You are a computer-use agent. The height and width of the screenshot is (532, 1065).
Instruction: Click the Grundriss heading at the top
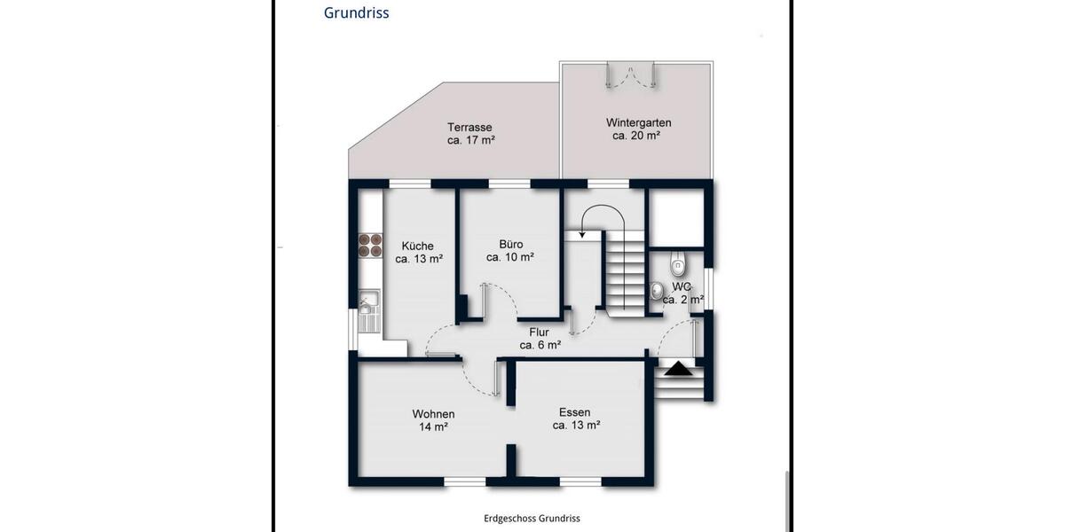point(356,13)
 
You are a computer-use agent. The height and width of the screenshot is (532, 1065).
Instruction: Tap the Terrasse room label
point(469,127)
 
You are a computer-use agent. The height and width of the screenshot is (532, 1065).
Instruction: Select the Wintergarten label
point(638,122)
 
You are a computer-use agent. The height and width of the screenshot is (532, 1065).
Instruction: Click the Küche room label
point(417,246)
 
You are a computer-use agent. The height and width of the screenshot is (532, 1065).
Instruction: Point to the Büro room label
point(510,244)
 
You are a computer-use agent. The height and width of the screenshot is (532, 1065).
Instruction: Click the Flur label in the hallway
point(540,332)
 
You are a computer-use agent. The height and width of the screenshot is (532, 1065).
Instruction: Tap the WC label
point(682,286)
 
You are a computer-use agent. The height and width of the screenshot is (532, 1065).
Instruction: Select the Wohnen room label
point(433,414)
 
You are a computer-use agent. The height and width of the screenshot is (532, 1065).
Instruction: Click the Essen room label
point(575,412)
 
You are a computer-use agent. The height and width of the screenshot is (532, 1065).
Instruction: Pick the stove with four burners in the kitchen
point(369,246)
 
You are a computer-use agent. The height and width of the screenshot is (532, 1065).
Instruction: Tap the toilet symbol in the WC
point(678,263)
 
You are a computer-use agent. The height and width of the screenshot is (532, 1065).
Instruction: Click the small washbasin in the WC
point(656,291)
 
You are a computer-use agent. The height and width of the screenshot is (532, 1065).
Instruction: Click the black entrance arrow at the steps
point(679,369)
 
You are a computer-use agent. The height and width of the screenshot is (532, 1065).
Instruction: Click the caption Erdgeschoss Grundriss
point(532,519)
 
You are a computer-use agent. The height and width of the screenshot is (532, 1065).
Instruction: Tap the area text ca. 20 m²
point(636,137)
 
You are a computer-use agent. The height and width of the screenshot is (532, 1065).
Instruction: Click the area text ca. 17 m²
point(470,140)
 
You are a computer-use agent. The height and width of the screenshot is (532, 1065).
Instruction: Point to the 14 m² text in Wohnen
point(433,427)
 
